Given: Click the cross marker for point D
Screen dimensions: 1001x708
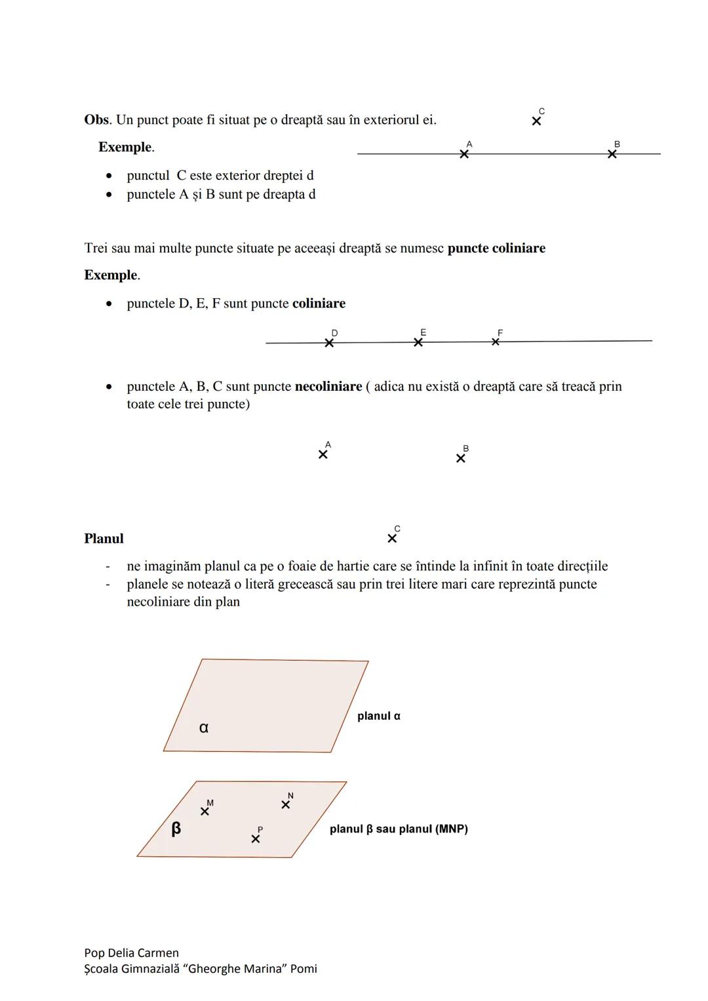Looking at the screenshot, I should point(329,343).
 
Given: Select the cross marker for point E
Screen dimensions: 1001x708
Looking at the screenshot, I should point(418,342).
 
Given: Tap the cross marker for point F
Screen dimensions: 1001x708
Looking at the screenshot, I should point(496,342).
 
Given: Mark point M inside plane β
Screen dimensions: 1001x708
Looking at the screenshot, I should point(205,812).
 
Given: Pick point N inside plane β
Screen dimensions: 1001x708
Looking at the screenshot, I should point(285,804).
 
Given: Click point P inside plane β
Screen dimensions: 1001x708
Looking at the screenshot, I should point(256,839).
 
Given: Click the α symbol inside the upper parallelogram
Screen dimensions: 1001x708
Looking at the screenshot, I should point(204,727).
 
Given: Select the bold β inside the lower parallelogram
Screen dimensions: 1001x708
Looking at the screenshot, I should point(176,829).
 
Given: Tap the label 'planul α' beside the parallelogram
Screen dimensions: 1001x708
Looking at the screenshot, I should point(378,716).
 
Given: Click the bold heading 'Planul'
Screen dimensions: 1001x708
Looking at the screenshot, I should point(104,539).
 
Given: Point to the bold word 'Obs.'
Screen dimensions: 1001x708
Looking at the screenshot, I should point(98,120).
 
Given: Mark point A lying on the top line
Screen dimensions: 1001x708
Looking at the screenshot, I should point(464,154).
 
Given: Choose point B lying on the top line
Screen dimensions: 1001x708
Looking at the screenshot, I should point(612,154).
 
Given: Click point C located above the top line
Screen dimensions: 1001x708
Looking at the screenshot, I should point(536,121).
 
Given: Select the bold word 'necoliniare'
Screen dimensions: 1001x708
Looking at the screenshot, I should point(328,387).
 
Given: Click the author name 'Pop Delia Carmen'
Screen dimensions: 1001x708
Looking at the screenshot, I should point(131,953).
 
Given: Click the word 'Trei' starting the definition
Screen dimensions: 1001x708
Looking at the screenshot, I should point(96,248).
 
